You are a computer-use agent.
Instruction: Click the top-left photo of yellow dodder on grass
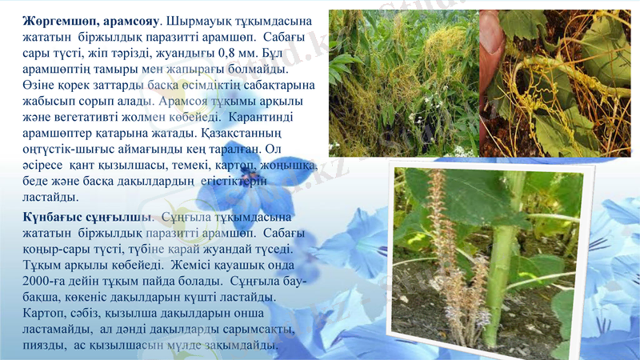(403, 83)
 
